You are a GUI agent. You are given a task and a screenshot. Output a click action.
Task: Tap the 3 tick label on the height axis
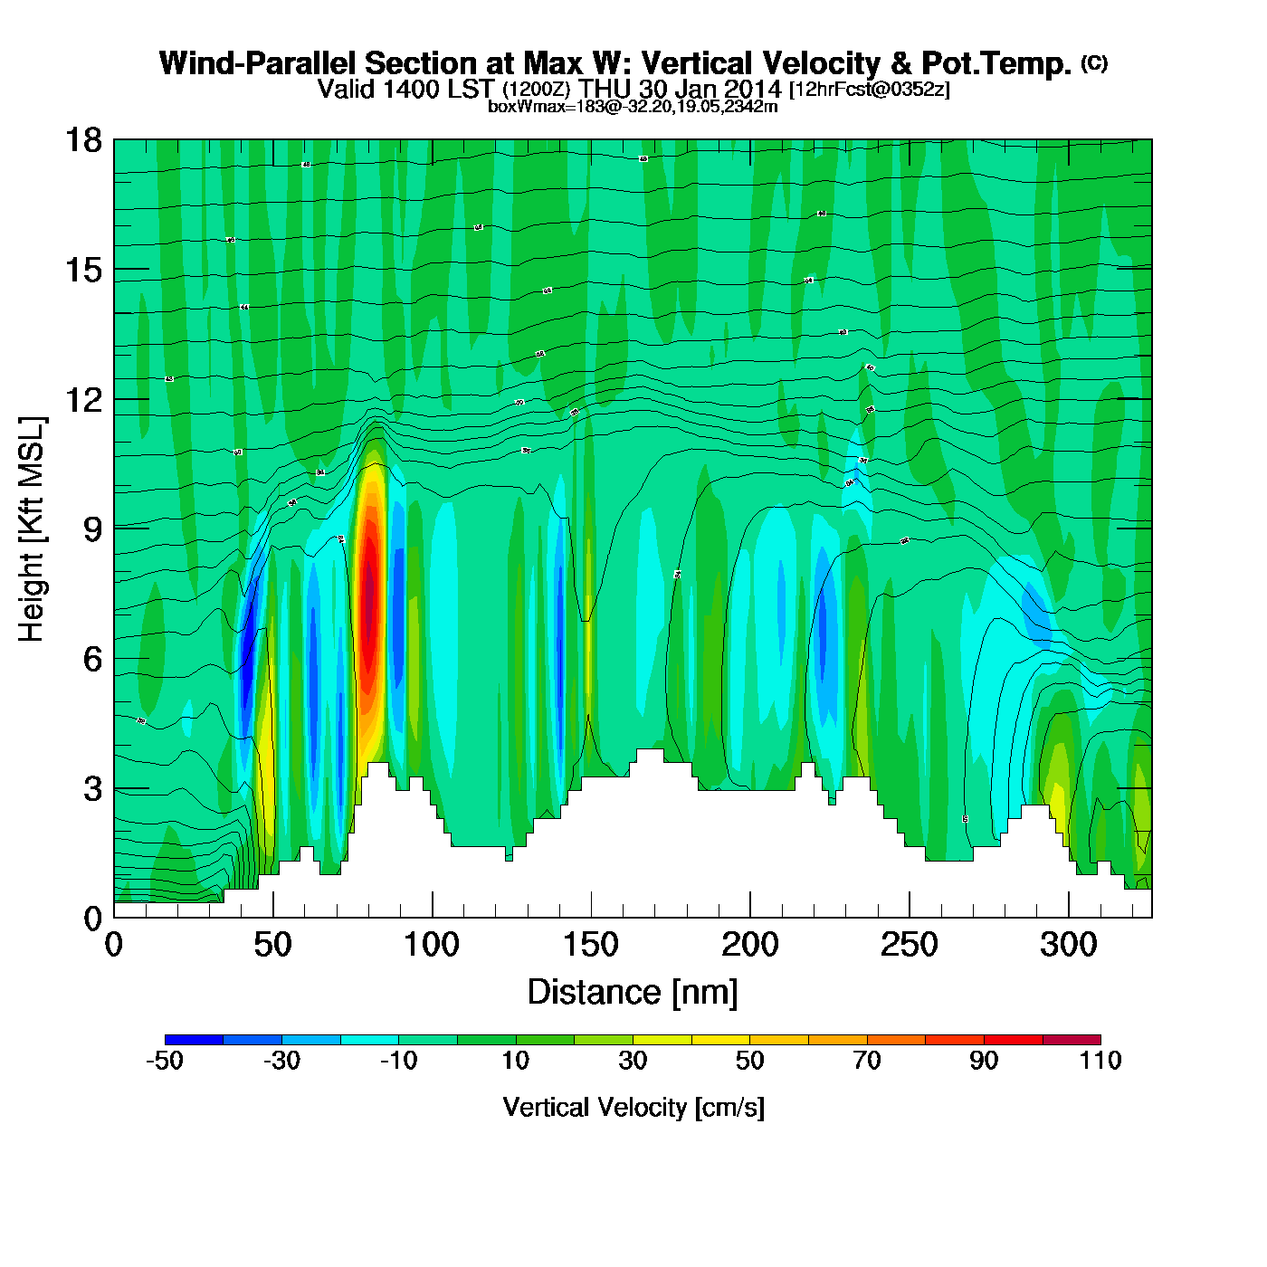pos(92,788)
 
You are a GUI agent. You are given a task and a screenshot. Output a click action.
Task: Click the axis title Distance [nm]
pos(633,993)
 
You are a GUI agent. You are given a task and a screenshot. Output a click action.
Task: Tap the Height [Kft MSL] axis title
pos(33,529)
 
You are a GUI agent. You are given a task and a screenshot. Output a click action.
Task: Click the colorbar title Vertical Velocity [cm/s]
pos(633,1107)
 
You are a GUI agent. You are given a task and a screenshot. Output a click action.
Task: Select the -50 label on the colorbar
pos(165,1061)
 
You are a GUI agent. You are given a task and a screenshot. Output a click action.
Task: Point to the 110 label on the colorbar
pos(1100,1061)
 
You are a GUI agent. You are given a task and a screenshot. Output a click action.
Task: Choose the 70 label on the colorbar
pos(867,1061)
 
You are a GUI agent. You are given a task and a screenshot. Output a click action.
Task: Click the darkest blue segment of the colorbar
pos(194,1039)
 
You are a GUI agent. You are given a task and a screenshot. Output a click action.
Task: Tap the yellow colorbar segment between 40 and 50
pos(720,1039)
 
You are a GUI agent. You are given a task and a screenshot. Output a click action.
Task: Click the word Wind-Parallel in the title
pos(259,64)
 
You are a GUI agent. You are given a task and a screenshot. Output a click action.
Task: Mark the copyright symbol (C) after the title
pos(1094,62)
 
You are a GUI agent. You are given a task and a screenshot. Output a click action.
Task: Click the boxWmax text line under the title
pos(633,107)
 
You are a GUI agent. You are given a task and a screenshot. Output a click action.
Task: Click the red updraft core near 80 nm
pos(368,588)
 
